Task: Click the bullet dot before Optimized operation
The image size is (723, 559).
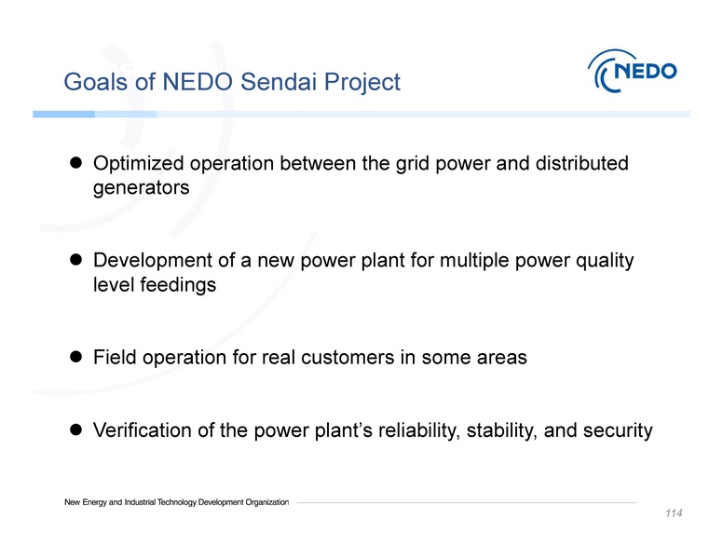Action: pyautogui.click(x=77, y=164)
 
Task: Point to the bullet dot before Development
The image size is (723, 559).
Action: pyautogui.click(x=77, y=262)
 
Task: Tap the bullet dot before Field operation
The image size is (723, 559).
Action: pyautogui.click(x=77, y=358)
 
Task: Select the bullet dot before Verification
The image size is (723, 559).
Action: pyautogui.click(x=77, y=430)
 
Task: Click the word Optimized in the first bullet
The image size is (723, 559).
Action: pyautogui.click(x=138, y=165)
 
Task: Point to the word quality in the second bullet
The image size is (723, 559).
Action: pyautogui.click(x=605, y=262)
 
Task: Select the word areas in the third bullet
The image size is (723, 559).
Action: pyautogui.click(x=503, y=358)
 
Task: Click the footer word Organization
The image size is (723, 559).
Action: pyautogui.click(x=264, y=503)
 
